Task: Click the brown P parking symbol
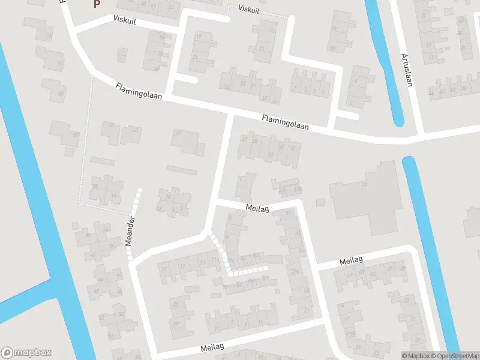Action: pyautogui.click(x=95, y=4)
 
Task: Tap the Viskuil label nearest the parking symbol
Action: pyautogui.click(x=125, y=20)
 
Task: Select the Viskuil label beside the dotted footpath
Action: pyautogui.click(x=249, y=9)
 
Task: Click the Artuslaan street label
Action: pyautogui.click(x=407, y=70)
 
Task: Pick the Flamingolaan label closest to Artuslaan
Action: pyautogui.click(x=286, y=123)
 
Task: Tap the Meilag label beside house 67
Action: pyautogui.click(x=257, y=207)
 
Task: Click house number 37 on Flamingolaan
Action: pyautogui.click(x=292, y=148)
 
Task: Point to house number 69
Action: pyautogui.click(x=61, y=94)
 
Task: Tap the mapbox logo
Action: pyautogui.click(x=26, y=353)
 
